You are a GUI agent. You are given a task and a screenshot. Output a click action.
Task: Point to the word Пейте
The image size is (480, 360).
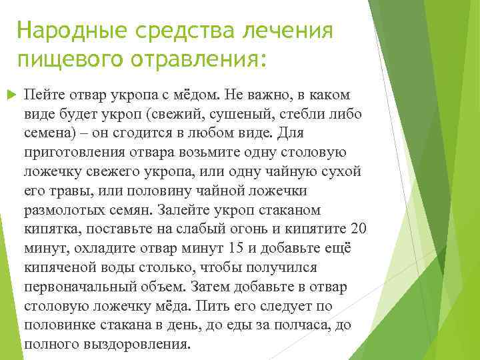click(x=43, y=94)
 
